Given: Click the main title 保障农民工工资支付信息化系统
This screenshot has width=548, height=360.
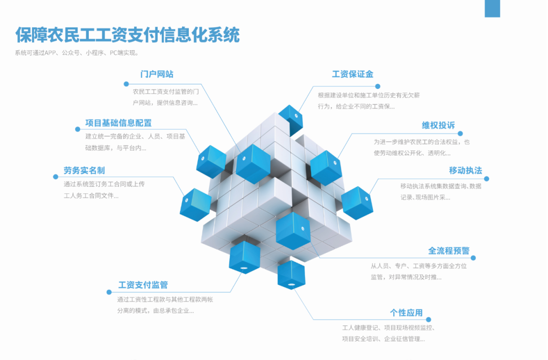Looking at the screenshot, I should click(x=127, y=35).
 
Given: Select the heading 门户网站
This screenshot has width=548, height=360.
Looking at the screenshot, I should click(x=157, y=74).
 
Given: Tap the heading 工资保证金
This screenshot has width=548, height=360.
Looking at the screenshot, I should click(x=353, y=74).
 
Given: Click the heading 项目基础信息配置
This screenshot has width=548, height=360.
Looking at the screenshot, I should click(x=118, y=123).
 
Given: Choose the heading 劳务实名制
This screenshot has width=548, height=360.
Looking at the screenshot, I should click(x=84, y=170).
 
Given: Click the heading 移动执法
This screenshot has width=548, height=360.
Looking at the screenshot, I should click(x=465, y=170).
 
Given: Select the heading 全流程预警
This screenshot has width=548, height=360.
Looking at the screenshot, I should click(x=449, y=251).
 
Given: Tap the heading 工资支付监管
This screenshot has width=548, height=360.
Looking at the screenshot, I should click(x=143, y=285).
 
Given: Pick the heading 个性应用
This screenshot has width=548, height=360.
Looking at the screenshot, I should click(x=406, y=313).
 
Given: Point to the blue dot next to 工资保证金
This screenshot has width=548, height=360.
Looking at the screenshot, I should click(x=378, y=87).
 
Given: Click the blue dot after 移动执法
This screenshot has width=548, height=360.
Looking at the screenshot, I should click(x=487, y=179).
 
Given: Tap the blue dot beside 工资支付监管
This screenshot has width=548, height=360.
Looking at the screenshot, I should click(x=109, y=292).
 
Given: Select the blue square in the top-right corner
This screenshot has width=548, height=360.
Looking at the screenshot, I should click(x=492, y=9).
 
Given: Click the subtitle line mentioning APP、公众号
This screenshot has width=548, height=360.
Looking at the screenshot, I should click(x=77, y=53).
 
